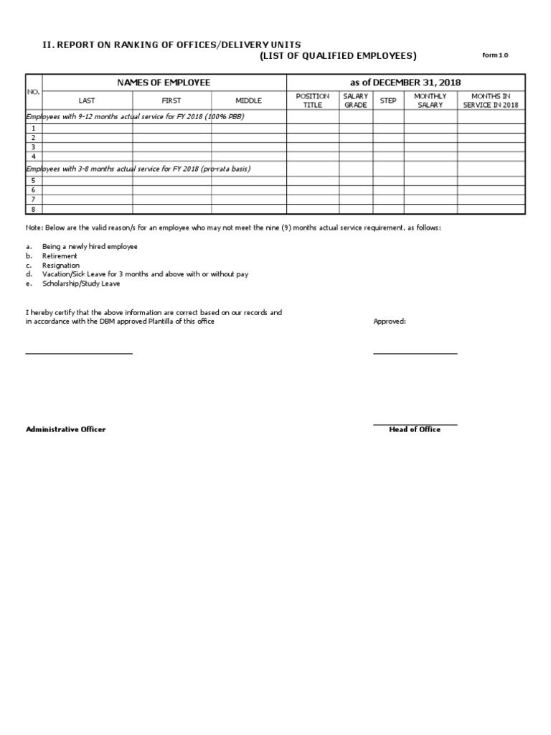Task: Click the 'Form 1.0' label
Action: pos(494,56)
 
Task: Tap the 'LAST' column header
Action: pos(86,100)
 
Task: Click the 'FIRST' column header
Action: pos(171,100)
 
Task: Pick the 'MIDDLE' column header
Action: pos(249,100)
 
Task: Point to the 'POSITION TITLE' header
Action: pos(313,100)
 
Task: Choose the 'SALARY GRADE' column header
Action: pos(356,100)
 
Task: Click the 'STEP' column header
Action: pos(388,100)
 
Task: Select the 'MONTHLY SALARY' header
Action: pos(430,100)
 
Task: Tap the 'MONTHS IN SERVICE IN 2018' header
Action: pos(491,100)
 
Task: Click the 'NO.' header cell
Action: pos(34,92)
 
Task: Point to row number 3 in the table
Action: pos(34,146)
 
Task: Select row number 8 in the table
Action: pos(34,209)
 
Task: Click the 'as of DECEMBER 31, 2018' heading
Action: pos(405,83)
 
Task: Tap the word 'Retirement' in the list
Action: pos(60,256)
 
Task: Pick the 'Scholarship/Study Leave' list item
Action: pos(81,284)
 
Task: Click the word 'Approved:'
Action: pos(390,322)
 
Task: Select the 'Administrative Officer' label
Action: pos(66,429)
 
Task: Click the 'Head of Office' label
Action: pos(415,429)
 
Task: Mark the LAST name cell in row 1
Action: pos(87,128)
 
